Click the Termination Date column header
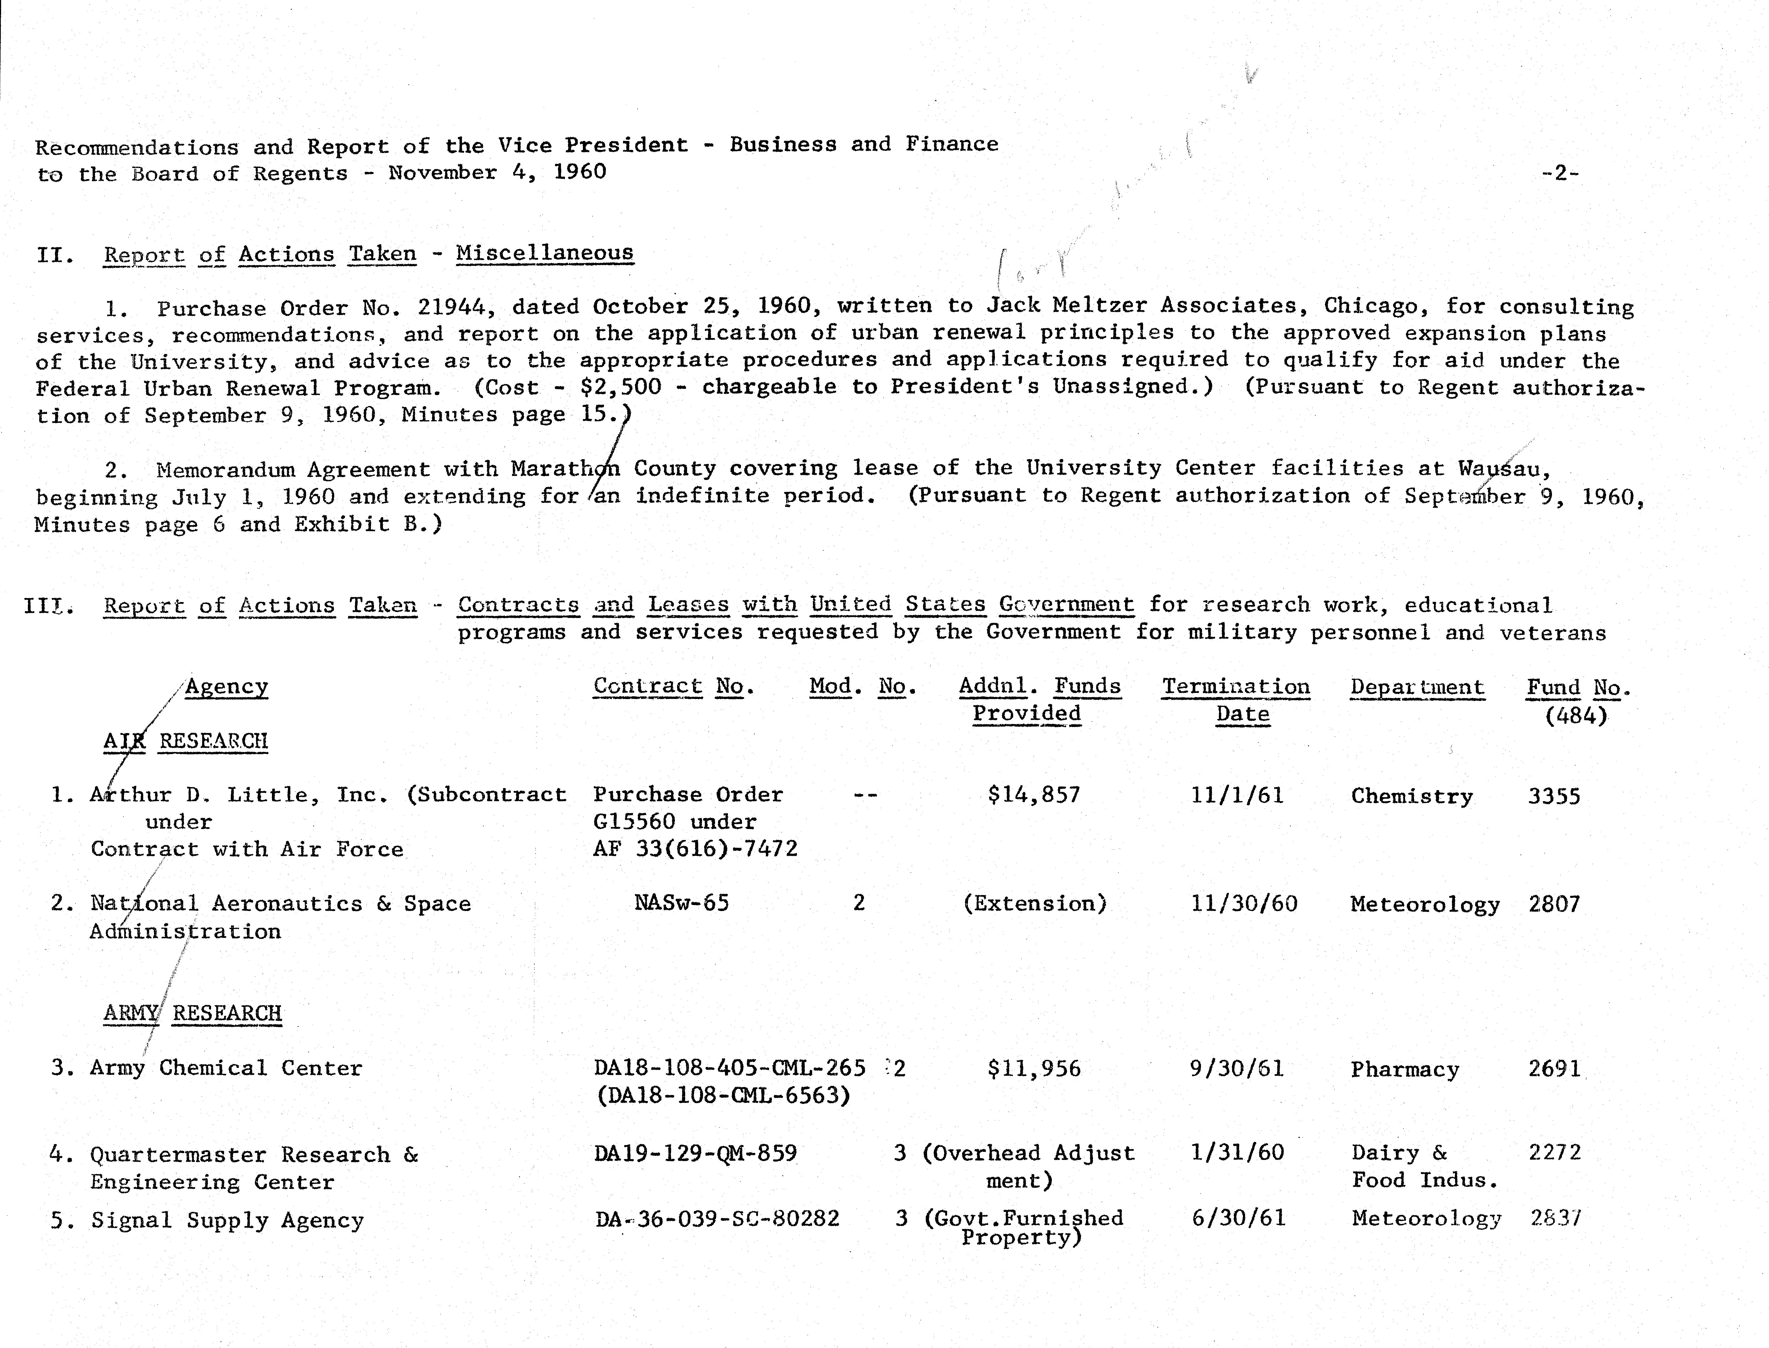1236,700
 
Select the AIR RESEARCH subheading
185,741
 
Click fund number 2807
1554,904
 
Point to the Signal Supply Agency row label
227,1220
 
